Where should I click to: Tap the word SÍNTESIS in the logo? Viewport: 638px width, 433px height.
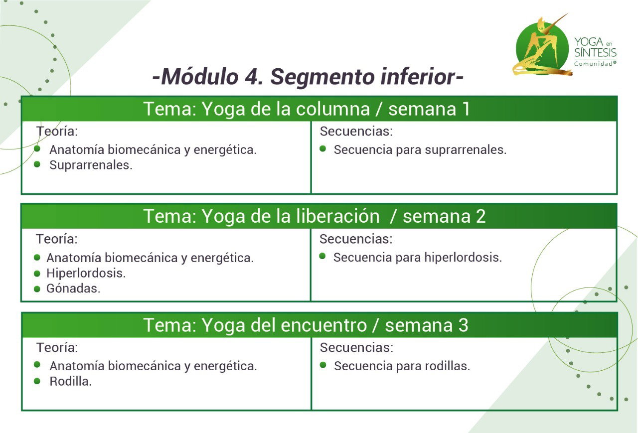click(595, 53)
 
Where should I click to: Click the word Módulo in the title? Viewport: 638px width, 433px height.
click(200, 76)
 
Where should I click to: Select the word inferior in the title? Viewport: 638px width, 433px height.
click(419, 76)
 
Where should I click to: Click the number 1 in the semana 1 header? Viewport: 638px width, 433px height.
click(466, 109)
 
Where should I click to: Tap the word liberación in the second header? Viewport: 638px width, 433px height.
click(338, 216)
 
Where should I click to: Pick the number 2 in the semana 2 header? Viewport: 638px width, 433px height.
click(480, 216)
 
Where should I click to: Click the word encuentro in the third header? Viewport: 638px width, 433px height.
click(323, 325)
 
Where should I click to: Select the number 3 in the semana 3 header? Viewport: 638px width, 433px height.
click(463, 325)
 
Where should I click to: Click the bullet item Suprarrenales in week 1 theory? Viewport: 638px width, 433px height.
click(91, 165)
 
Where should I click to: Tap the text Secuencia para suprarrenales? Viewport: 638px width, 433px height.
click(420, 150)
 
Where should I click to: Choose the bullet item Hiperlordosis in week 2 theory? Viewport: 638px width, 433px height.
click(86, 273)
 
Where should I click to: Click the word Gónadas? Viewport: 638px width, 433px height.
click(73, 289)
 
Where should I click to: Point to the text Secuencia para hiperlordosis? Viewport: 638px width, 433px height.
click(418, 257)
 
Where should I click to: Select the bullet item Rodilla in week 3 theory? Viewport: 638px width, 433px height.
click(71, 382)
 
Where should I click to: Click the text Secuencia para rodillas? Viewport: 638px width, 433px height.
click(402, 366)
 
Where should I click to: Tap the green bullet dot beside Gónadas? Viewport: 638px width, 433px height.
click(37, 289)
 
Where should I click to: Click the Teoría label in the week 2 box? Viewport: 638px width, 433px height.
click(57, 239)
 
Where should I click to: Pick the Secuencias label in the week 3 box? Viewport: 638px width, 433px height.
click(356, 348)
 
